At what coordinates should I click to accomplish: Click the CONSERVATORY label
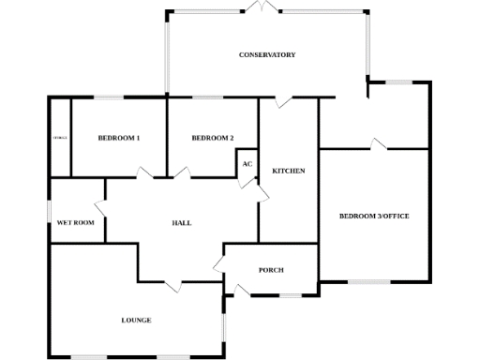[267, 55]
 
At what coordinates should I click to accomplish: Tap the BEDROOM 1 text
[119, 139]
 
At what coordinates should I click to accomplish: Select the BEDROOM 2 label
[212, 139]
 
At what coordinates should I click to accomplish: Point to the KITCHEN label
[288, 171]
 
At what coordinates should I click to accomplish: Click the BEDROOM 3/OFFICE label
[374, 216]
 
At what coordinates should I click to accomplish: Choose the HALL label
[182, 223]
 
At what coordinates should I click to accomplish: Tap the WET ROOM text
[76, 223]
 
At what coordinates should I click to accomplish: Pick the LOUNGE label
[136, 321]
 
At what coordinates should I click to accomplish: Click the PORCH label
[271, 270]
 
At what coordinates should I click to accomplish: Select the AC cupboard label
[247, 164]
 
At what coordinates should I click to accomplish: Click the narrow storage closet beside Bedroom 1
[61, 138]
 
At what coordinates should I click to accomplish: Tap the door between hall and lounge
[172, 284]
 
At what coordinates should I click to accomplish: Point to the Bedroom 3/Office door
[378, 143]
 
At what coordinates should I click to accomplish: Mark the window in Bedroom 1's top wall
[110, 97]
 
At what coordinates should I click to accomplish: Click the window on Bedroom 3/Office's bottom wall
[369, 281]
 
